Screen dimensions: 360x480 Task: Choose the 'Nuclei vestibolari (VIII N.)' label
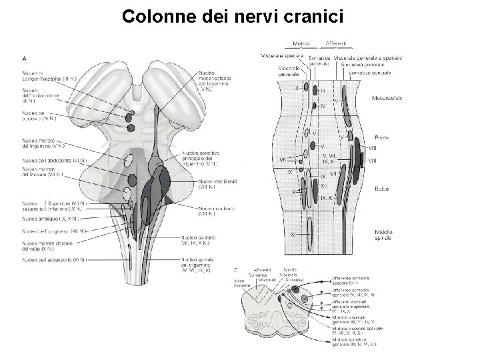click(217, 184)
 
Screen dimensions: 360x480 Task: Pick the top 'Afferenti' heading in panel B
click(335, 43)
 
